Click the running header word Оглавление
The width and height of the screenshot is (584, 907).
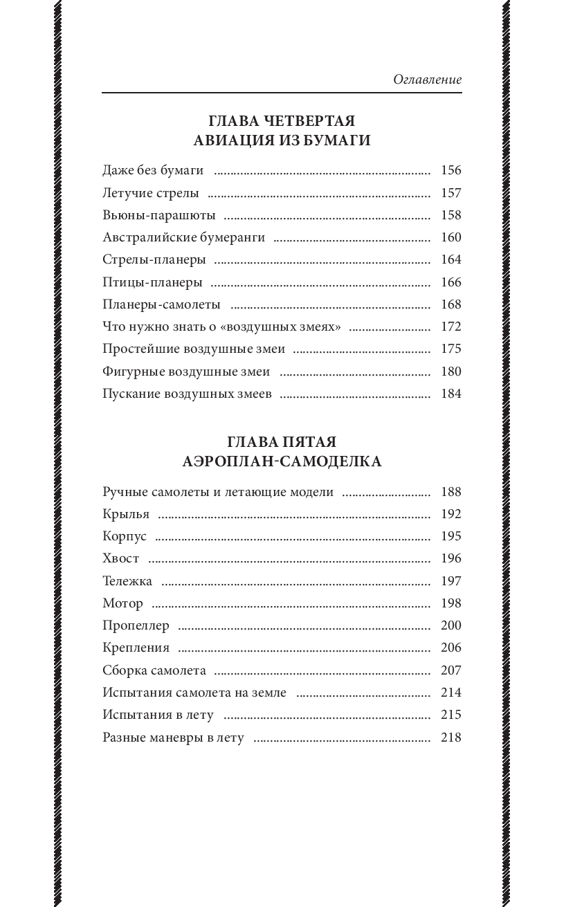[x=427, y=80]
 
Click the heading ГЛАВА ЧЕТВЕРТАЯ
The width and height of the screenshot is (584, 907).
[x=282, y=120]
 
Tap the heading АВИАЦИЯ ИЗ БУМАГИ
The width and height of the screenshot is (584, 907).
[x=282, y=141]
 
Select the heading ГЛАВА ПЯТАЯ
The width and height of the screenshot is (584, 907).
[x=282, y=441]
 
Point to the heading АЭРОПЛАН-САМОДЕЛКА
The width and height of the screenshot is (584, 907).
[x=282, y=461]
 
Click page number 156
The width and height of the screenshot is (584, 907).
[x=450, y=171]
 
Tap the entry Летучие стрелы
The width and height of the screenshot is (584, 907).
[x=150, y=193]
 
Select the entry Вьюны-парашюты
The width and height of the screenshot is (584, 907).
[x=158, y=215]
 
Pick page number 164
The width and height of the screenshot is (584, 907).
[x=450, y=260]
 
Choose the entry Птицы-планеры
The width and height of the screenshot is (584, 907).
[x=152, y=282]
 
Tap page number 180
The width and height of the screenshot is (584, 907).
[x=450, y=372]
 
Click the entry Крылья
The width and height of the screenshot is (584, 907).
[x=126, y=514]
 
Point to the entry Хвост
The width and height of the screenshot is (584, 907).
[x=120, y=558]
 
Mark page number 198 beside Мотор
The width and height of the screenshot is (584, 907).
[x=450, y=603]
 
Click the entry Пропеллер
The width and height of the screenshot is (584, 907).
[x=136, y=625]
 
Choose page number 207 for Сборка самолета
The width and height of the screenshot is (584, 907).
[x=450, y=670]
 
